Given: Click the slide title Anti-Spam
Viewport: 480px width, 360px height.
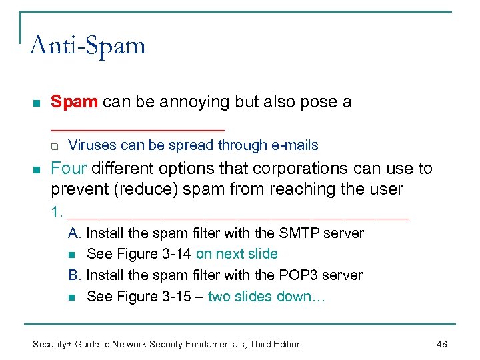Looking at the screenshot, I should [x=87, y=46].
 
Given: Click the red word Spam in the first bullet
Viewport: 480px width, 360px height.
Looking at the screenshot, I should [x=75, y=102].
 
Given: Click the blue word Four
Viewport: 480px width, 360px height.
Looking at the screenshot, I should [x=69, y=169].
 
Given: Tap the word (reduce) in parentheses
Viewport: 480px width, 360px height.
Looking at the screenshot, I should [x=147, y=189].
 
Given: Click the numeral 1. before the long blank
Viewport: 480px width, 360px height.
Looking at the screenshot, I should [x=57, y=213].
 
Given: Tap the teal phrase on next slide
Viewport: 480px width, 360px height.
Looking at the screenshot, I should [x=237, y=254].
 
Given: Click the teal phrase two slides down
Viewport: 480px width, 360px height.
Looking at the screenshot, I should [x=266, y=297].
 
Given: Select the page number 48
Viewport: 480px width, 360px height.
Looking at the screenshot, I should [x=441, y=344].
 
